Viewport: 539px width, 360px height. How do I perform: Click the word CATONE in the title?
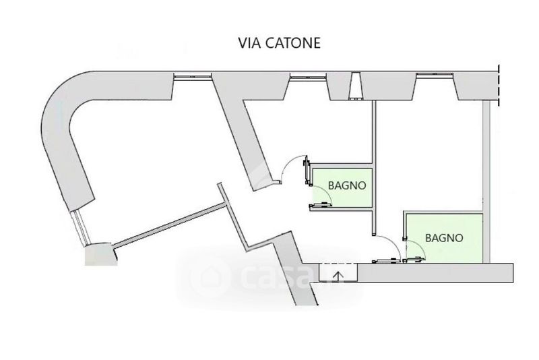pyautogui.click(x=293, y=43)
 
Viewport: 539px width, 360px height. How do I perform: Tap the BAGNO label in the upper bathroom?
pyautogui.click(x=347, y=185)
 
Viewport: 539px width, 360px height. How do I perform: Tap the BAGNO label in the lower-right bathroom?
pyautogui.click(x=444, y=238)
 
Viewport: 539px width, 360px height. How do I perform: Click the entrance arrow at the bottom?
pyautogui.click(x=339, y=276)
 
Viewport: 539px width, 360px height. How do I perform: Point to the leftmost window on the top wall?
pyautogui.click(x=192, y=76)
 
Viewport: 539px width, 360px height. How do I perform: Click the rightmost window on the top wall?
pyautogui.click(x=435, y=76)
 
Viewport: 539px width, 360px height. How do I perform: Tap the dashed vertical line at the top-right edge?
pyautogui.click(x=498, y=85)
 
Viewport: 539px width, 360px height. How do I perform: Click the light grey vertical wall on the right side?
pyautogui.click(x=486, y=181)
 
